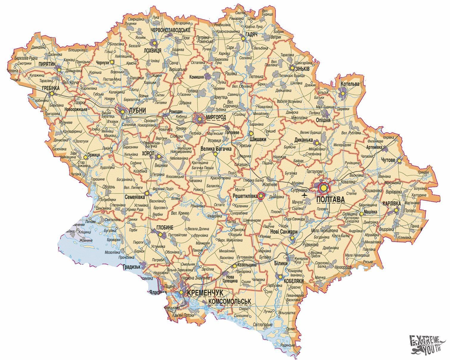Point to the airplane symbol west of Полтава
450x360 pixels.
pos(304,195)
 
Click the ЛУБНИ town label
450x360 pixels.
pos(137,111)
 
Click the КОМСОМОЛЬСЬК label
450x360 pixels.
pos(230,302)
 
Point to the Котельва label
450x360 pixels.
pos(350,84)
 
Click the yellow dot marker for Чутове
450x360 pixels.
pos(401,160)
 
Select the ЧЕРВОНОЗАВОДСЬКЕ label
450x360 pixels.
pos(171,30)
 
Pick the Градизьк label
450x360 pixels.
pos(131,267)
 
